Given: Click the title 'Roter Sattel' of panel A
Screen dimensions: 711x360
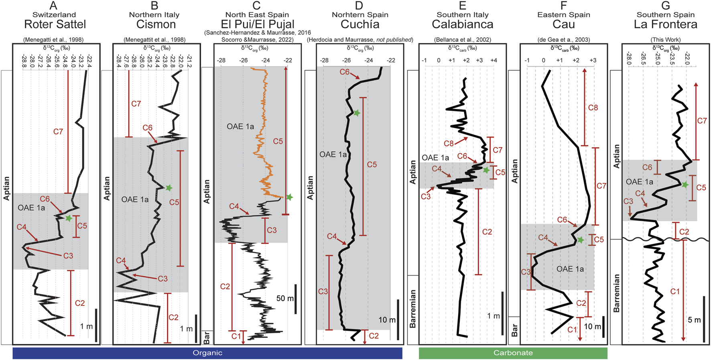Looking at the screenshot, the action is click(55, 24).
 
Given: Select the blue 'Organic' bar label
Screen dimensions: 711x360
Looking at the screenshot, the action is click(207, 353).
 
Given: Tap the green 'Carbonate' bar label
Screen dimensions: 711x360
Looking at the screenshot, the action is click(513, 353).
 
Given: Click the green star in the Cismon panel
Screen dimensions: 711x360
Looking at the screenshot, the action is click(169, 187).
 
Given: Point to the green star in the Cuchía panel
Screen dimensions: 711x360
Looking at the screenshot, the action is click(356, 113).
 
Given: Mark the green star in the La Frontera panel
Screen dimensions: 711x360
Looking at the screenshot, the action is click(685, 185).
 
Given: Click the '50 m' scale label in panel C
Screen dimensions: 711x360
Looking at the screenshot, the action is click(285, 299).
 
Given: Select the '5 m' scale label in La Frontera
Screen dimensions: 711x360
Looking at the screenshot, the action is click(694, 320).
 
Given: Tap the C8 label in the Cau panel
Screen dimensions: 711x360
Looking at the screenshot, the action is click(593, 108).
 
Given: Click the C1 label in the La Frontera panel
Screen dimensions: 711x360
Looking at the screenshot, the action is click(675, 291).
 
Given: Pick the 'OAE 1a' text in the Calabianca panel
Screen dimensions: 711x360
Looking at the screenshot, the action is click(435, 158).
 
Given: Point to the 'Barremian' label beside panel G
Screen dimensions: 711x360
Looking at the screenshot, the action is click(617, 293).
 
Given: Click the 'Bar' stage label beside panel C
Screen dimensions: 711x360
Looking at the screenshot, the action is click(207, 338).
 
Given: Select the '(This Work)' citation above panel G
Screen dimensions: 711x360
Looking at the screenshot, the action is click(665, 40).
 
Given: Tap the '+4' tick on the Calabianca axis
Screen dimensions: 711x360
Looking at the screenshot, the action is click(494, 60).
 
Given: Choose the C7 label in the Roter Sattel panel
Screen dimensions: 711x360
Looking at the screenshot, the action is click(58, 132).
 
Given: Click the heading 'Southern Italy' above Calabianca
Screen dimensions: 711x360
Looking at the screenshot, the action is click(462, 15).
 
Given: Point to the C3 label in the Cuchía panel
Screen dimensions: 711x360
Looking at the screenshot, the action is click(323, 291).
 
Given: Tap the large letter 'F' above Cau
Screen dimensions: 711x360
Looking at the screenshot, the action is click(564, 5).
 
